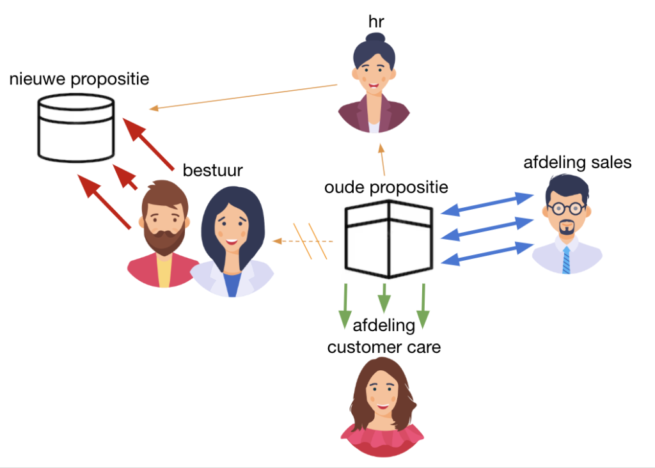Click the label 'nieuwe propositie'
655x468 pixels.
coord(79,79)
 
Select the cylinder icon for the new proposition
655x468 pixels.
coord(75,128)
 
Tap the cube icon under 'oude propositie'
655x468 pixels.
coord(389,238)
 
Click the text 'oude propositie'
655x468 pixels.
coord(386,187)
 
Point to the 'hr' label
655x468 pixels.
coord(376,22)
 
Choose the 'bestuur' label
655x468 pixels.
coord(213,170)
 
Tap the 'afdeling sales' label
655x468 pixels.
coord(577,162)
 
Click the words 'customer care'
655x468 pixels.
coord(384,347)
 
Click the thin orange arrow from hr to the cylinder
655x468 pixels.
coord(243,97)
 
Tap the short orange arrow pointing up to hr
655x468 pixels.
coord(383,160)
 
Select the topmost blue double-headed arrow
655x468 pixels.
coord(488,203)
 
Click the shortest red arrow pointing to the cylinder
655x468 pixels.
coord(127,177)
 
